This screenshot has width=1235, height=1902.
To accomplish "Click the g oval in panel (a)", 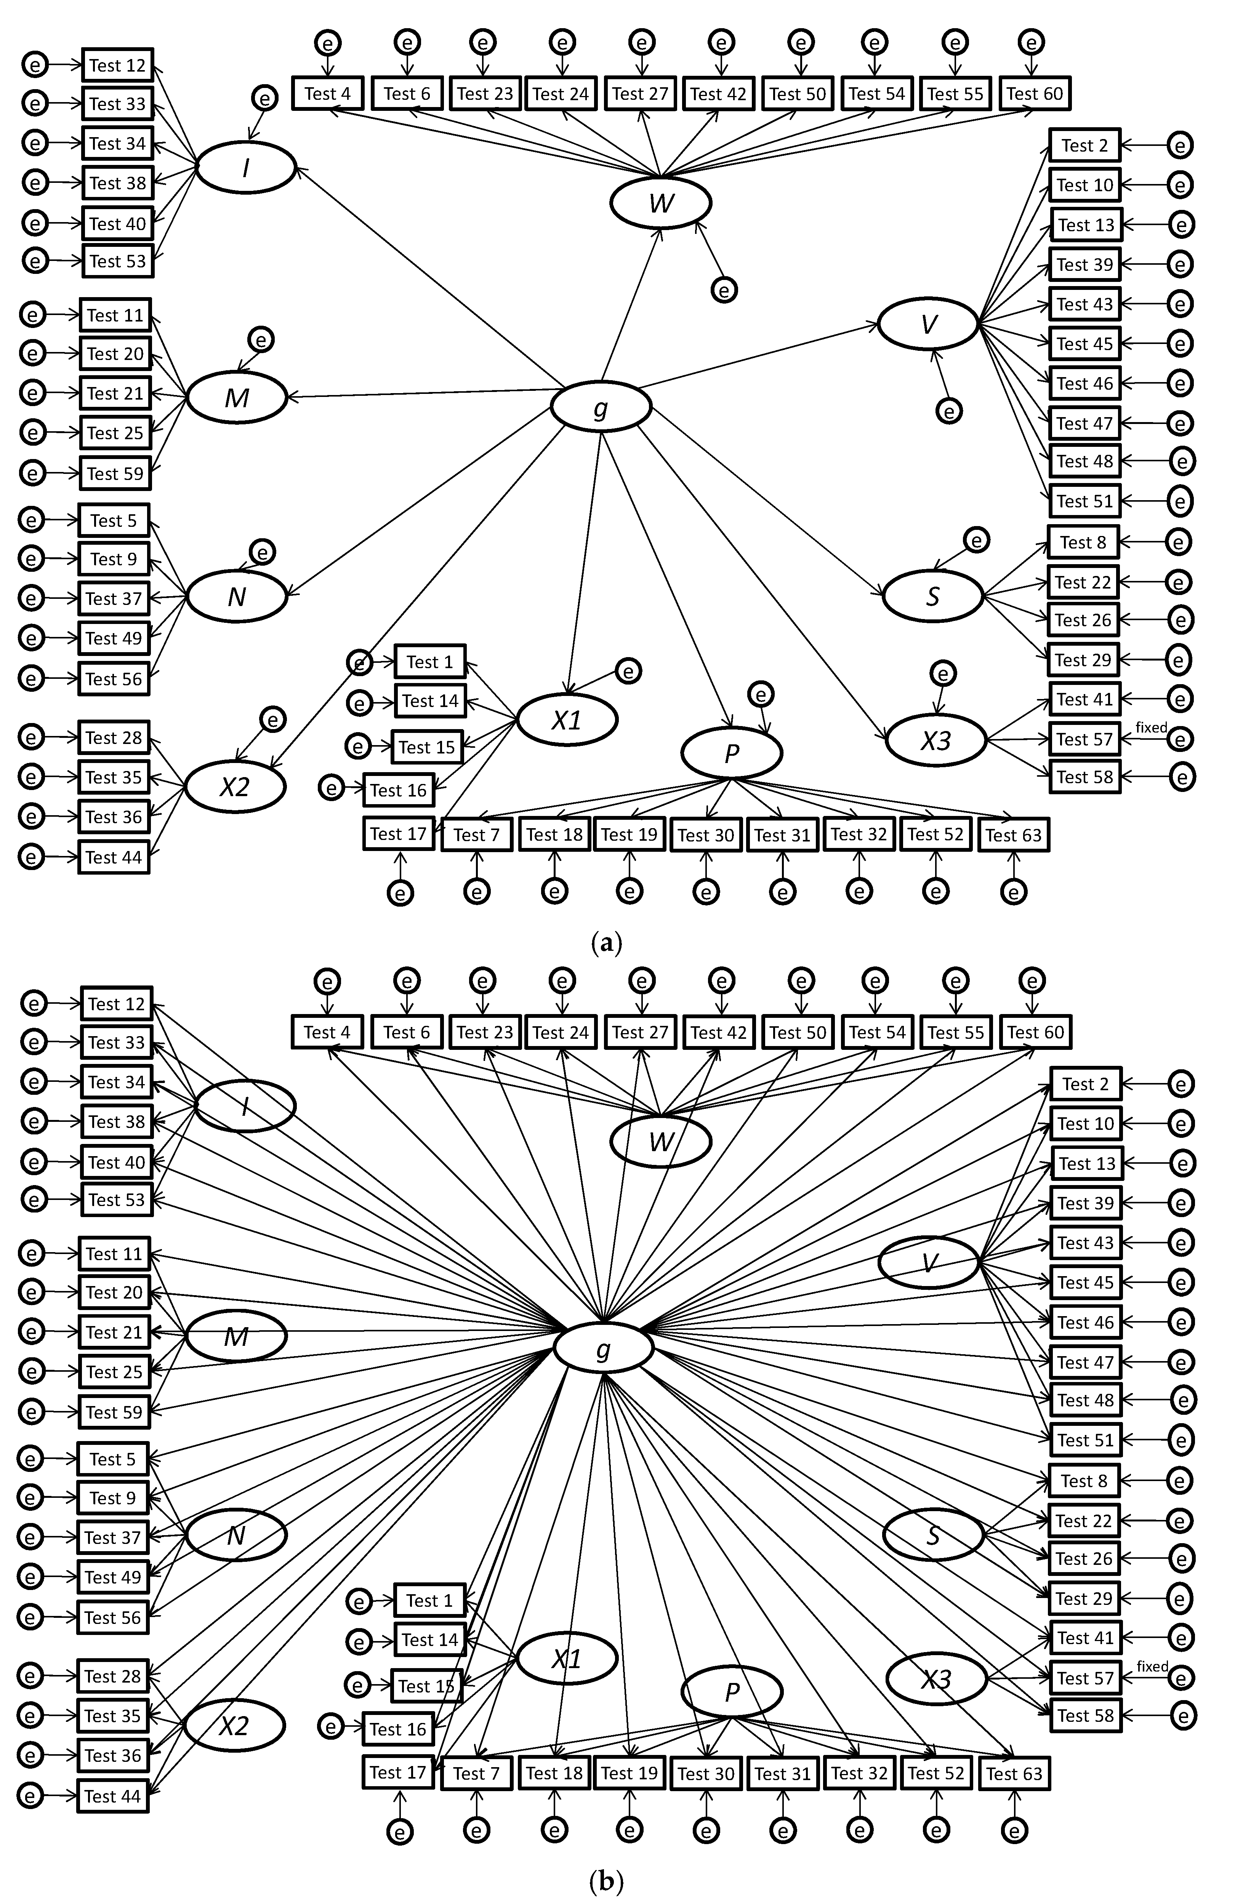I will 600,408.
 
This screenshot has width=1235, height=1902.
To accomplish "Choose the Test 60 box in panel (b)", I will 1035,1032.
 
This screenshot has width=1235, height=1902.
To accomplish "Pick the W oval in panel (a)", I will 660,203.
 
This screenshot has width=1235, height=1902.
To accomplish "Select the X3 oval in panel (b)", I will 936,1680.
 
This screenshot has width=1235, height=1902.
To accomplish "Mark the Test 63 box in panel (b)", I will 1014,1773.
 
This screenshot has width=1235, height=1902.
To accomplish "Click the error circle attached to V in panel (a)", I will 949,411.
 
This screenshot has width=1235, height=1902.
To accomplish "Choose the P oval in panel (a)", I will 730,753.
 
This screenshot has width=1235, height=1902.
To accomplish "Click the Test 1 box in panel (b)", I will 429,1601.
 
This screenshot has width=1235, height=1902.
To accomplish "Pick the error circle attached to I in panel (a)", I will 264,98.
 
